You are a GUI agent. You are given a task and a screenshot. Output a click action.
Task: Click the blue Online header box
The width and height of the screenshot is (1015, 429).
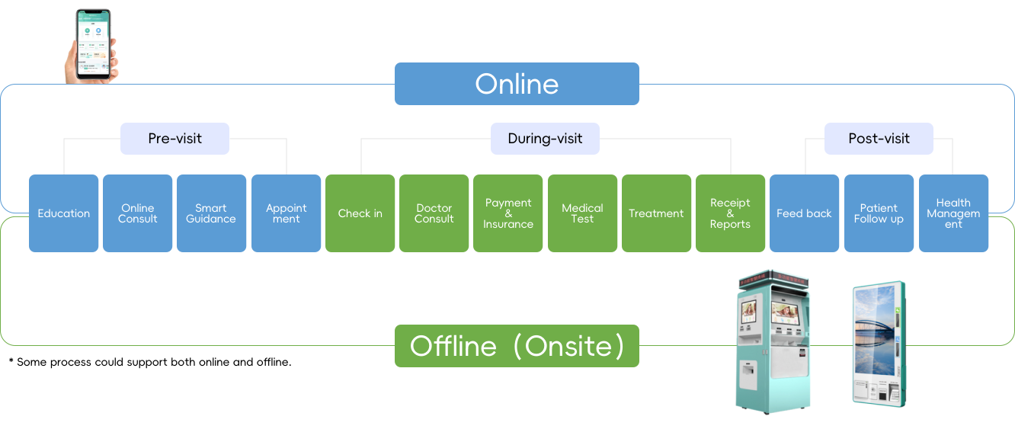[x=517, y=84]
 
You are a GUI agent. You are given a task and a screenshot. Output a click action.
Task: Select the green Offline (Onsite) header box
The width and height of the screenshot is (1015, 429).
[x=517, y=346]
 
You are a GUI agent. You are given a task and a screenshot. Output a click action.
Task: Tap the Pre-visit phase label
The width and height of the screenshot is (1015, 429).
[x=175, y=139]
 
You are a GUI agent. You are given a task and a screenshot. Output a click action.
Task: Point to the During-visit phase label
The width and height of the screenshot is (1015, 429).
[x=545, y=139]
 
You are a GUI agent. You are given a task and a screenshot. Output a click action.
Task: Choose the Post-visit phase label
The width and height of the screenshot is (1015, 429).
[x=879, y=139]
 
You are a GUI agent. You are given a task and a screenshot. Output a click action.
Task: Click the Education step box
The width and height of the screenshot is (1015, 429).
[x=64, y=213]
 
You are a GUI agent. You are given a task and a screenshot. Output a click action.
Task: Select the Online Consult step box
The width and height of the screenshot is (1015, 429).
[x=138, y=213]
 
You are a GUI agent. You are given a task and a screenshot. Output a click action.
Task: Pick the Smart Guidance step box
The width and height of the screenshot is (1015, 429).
[x=211, y=213]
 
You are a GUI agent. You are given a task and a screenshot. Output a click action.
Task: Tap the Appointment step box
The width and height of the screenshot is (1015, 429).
[x=287, y=213]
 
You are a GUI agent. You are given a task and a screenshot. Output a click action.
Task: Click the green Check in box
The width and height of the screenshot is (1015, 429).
[x=360, y=213]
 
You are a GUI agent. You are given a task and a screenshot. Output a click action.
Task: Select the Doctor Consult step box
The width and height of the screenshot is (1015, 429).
[x=434, y=213]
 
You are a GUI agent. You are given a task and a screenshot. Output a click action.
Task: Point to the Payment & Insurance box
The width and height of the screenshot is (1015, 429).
[x=508, y=213]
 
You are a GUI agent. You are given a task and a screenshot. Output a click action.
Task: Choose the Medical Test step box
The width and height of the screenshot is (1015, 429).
[x=582, y=213]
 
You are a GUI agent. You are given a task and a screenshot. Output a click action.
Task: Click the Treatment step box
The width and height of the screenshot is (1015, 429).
[x=656, y=213]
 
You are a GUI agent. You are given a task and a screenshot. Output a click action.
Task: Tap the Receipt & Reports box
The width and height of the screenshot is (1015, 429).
[x=730, y=213]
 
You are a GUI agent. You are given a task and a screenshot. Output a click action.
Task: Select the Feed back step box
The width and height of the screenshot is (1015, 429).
[x=804, y=213]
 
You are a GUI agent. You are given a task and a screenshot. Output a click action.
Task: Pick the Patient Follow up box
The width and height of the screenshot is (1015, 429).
[x=879, y=213]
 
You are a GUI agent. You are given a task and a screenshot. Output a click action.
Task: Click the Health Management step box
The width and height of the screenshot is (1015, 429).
[x=953, y=213]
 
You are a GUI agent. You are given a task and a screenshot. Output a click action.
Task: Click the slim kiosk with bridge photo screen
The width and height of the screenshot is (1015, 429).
[x=878, y=343]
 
